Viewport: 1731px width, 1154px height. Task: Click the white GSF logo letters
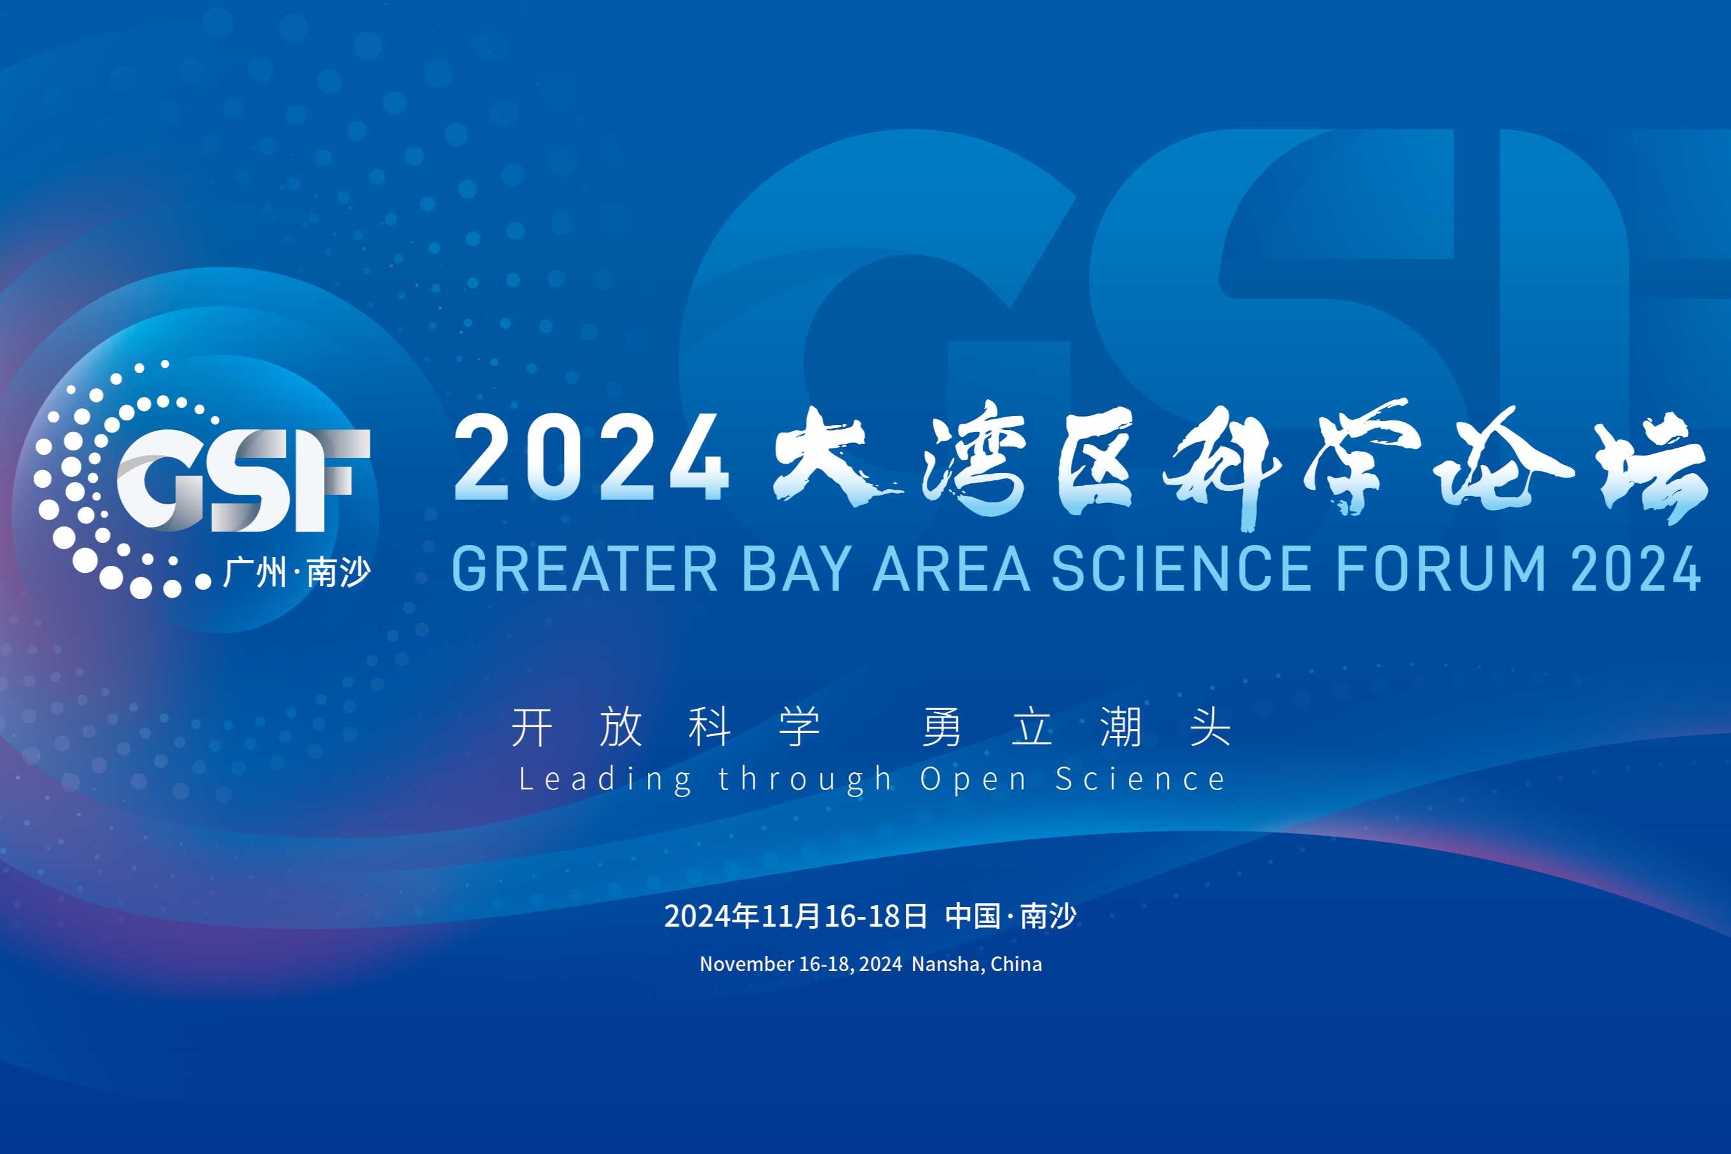click(x=243, y=480)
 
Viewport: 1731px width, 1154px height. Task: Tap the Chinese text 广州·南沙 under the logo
click(x=297, y=572)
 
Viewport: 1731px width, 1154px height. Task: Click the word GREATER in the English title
click(x=584, y=569)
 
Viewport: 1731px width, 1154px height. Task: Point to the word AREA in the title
click(x=951, y=569)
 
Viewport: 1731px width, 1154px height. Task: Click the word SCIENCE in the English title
click(x=1180, y=569)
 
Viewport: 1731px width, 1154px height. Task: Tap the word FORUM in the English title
click(x=1440, y=569)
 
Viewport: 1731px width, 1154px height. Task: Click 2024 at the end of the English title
click(x=1635, y=569)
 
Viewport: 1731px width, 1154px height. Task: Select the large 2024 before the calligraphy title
click(x=591, y=458)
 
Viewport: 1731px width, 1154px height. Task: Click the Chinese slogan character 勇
click(x=941, y=727)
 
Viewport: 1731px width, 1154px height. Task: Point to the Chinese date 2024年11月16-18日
click(x=795, y=916)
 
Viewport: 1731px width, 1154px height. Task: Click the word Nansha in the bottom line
click(x=946, y=964)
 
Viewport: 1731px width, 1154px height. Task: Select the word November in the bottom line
click(x=747, y=964)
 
